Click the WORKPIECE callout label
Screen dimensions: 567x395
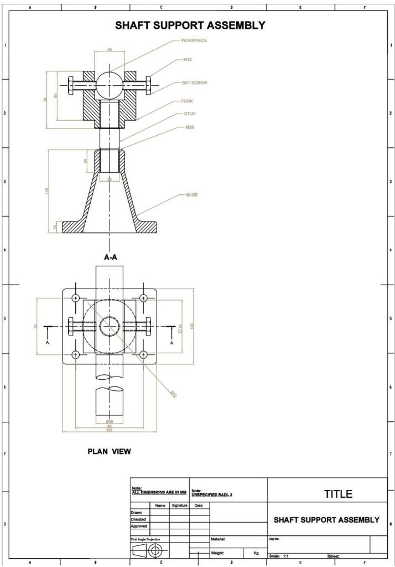coord(194,40)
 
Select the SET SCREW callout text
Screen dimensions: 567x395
coord(194,83)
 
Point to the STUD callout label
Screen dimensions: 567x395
coord(189,114)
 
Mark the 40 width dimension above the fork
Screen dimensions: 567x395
coord(110,50)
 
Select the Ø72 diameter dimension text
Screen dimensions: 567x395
coord(173,395)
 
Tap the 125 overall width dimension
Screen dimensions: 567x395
coord(110,430)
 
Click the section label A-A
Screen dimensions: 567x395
coord(111,257)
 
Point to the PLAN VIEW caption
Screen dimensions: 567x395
coord(110,451)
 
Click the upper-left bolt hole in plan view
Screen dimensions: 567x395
coord(76,298)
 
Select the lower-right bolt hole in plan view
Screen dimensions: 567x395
coord(143,354)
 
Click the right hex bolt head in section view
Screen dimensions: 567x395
coord(148,86)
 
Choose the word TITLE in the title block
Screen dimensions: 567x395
coord(338,494)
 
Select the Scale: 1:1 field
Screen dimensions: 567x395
coord(280,555)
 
